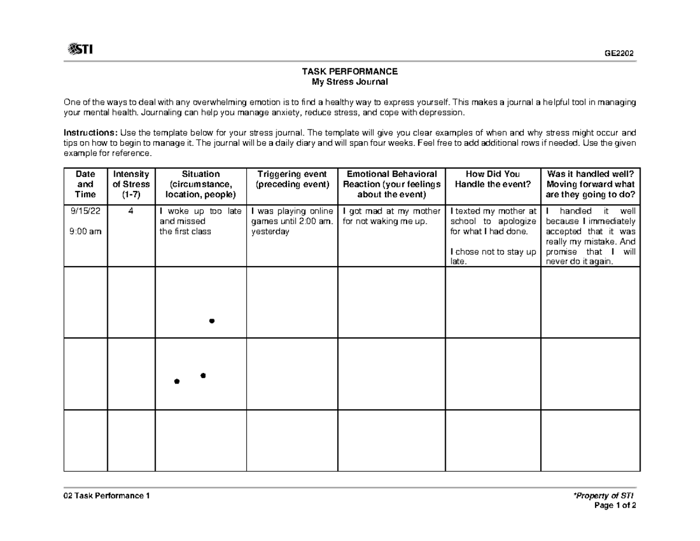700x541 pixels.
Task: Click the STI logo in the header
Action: click(x=80, y=50)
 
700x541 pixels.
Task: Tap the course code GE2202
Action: click(x=619, y=53)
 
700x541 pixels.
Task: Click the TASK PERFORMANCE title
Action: click(x=349, y=71)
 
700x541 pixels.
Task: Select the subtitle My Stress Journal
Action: click(x=349, y=82)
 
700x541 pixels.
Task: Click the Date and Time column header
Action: click(x=85, y=184)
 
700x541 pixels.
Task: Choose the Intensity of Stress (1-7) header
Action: click(x=131, y=184)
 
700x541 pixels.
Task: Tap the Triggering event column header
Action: click(x=292, y=179)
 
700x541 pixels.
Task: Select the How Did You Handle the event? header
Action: click(x=492, y=179)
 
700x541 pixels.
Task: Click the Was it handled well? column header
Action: click(x=590, y=184)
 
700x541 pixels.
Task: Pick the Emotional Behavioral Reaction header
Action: click(x=391, y=184)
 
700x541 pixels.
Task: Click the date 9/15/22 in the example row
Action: click(x=85, y=211)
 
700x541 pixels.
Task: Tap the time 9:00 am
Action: click(x=85, y=231)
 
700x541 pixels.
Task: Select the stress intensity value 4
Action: click(x=131, y=211)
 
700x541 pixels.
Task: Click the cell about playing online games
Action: click(x=292, y=221)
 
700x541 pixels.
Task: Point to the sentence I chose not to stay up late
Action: click(x=492, y=257)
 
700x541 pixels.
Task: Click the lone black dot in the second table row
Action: click(x=212, y=321)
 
